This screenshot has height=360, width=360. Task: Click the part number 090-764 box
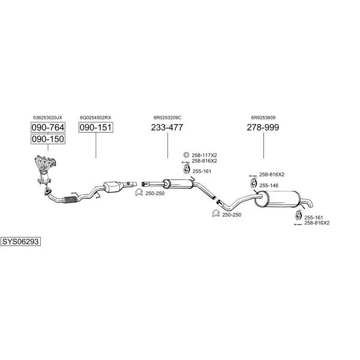point(47,127)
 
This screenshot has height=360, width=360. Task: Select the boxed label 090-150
point(47,139)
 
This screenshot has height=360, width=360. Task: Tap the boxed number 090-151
point(96,127)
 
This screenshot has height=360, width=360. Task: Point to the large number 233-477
point(167,127)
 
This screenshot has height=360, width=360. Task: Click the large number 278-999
point(263,127)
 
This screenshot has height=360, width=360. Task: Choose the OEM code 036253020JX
point(47,118)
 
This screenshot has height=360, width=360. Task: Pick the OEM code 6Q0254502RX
point(96,118)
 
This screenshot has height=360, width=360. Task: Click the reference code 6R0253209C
point(167,118)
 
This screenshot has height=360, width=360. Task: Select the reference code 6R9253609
point(263,118)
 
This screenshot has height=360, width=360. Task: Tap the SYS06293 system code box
point(20,241)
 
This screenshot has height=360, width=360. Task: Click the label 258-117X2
point(205,155)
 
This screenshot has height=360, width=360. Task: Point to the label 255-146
point(269,185)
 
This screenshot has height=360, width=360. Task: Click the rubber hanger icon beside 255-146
point(253,184)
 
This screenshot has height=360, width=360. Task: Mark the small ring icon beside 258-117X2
point(186,155)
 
